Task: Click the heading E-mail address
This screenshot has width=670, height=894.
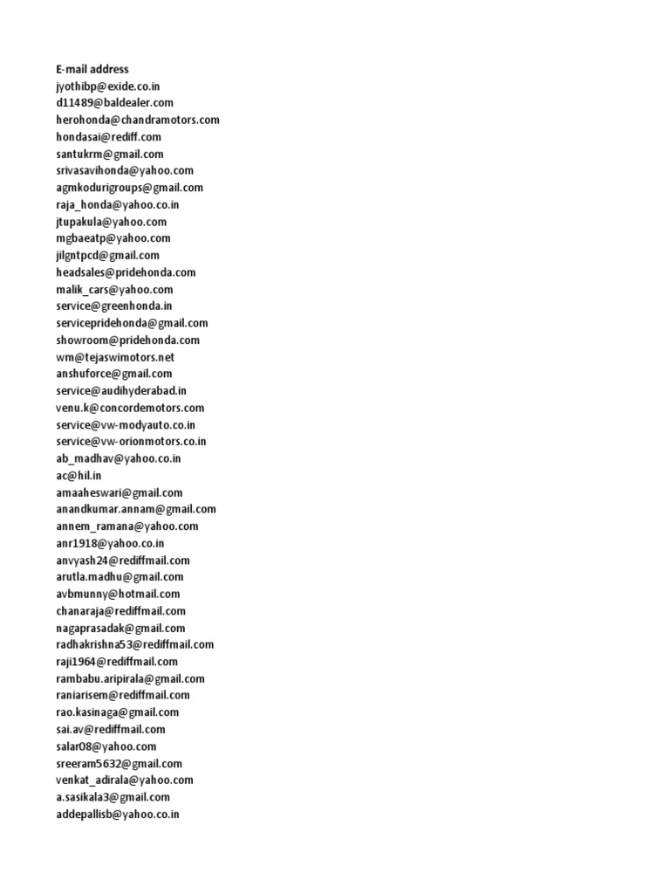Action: click(92, 69)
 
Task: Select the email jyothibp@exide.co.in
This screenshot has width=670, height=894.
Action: click(107, 86)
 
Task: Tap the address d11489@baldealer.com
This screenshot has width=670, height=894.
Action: click(115, 103)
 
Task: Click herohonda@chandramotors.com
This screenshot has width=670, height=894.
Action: click(138, 120)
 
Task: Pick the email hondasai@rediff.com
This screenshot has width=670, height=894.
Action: click(108, 137)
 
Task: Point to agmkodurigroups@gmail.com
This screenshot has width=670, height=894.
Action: click(129, 188)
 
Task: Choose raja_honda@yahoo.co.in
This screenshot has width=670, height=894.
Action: click(118, 204)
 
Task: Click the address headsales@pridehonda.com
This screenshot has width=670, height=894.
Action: click(126, 272)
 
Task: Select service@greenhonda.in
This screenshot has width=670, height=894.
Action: click(113, 306)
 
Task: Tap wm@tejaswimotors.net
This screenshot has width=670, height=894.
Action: click(115, 357)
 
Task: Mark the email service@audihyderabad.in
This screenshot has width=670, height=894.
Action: click(121, 391)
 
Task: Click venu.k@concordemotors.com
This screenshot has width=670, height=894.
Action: click(130, 408)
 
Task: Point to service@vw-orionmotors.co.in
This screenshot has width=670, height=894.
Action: click(131, 442)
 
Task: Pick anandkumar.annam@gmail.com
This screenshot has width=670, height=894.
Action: click(136, 509)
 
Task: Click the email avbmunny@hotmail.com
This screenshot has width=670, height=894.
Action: click(118, 594)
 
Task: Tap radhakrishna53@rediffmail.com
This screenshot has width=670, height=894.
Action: click(135, 644)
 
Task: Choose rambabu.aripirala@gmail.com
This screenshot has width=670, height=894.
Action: click(130, 678)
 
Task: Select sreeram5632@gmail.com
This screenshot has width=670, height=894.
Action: click(119, 763)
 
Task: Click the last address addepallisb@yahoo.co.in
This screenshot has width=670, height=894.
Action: click(118, 814)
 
